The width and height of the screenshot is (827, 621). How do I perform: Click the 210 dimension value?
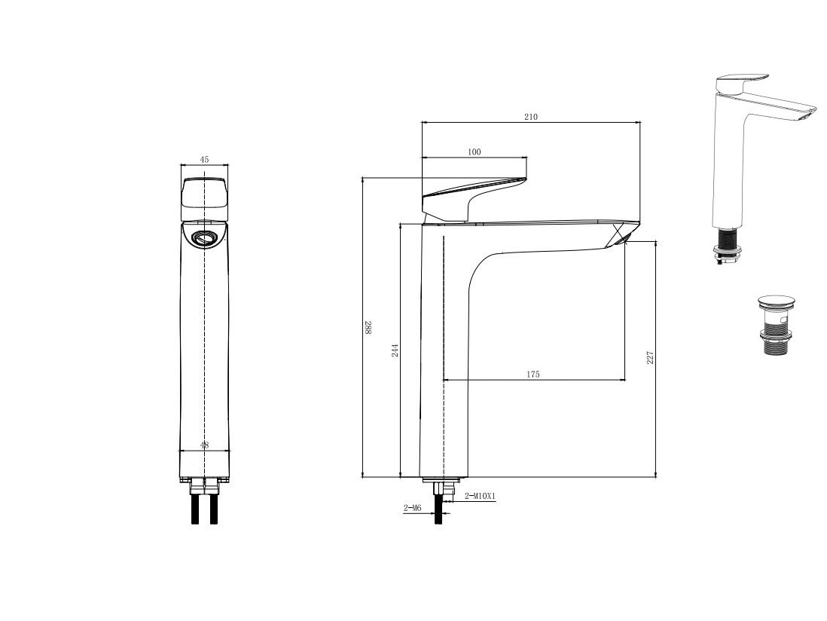[531, 117]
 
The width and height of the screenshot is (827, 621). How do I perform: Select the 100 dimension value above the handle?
[475, 152]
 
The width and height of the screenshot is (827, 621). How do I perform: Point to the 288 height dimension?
[368, 328]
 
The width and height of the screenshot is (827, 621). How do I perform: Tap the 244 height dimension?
[395, 350]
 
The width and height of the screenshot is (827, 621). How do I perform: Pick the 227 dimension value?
[650, 357]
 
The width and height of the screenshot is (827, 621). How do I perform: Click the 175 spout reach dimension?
[533, 374]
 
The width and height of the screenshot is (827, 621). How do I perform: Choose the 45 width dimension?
[205, 159]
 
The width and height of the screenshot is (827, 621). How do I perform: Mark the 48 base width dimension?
[205, 445]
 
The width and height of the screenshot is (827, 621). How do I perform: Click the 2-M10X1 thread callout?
[481, 496]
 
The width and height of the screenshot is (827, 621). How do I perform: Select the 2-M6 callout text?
[413, 508]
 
